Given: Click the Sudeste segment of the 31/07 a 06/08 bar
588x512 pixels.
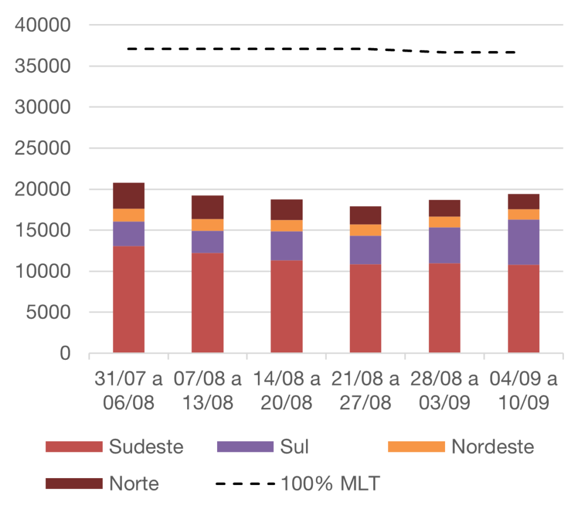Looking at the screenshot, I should click(129, 298).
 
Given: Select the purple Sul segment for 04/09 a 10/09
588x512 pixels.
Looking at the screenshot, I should click(524, 242).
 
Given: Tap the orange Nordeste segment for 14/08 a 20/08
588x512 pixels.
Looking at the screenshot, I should click(287, 226).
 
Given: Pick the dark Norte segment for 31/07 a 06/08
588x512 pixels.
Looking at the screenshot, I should click(129, 196).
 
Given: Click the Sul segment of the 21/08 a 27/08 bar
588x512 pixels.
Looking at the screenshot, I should click(366, 250).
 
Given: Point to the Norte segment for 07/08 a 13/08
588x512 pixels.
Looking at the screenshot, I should click(208, 207).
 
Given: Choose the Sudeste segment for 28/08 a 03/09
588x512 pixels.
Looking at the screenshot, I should click(444, 308).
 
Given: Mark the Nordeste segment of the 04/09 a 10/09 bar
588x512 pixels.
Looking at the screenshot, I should click(524, 214).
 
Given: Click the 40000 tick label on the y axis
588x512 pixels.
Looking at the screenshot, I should click(44, 25).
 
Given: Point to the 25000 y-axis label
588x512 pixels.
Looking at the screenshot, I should click(44, 149).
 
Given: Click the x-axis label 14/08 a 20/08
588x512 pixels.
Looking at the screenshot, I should click(287, 391).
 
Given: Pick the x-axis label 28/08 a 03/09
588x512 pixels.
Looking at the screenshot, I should click(444, 391).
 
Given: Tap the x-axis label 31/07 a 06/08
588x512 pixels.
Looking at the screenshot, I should click(129, 391).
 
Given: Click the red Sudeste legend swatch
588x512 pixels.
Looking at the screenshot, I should click(74, 447).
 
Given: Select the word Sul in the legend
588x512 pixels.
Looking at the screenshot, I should click(294, 447).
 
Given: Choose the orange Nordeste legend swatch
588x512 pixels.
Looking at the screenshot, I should click(416, 447).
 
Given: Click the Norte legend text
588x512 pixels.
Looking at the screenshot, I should click(134, 483).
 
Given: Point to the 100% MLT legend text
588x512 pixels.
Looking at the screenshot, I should click(330, 483).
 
